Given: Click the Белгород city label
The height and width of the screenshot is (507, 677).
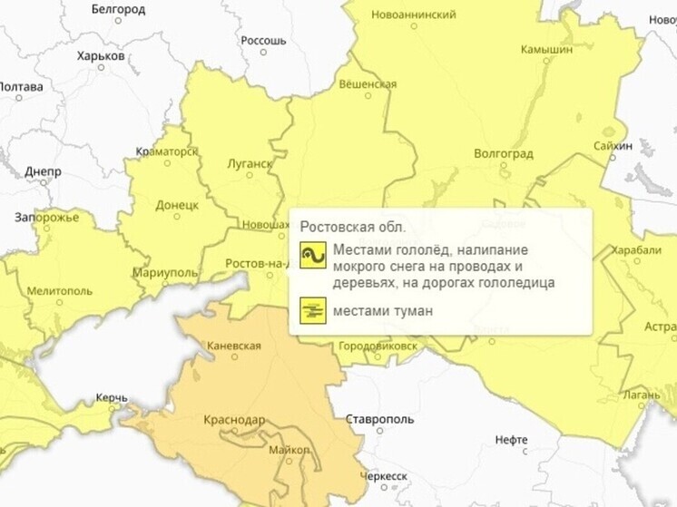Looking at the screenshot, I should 119,9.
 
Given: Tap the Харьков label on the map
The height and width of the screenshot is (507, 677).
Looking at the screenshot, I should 101,56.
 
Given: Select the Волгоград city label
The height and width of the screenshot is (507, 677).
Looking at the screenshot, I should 504,153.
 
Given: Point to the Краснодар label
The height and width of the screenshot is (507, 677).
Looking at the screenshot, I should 235,420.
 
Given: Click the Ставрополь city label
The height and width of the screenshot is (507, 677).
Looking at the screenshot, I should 379,420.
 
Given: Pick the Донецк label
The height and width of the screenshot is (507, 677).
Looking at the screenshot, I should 177,205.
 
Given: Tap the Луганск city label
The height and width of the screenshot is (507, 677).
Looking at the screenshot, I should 248,164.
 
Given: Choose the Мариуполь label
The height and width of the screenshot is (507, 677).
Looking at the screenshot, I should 165,272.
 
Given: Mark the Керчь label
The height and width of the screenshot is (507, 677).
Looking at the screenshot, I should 112,398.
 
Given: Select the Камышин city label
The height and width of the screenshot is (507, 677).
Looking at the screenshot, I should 548,50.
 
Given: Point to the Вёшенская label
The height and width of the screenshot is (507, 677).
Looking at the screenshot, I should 368,84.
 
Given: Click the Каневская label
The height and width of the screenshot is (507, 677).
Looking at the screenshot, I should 234,346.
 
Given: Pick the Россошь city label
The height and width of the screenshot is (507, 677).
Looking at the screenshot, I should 264,41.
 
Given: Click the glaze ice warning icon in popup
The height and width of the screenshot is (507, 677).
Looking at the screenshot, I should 313,256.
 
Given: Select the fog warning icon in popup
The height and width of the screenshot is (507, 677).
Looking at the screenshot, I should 313,311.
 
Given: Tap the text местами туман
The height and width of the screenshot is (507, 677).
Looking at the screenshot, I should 382,311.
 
